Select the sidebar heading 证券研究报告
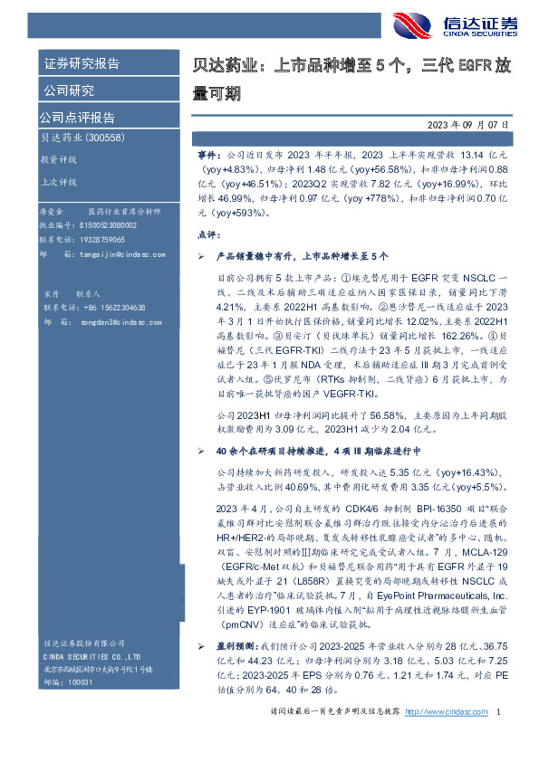pyautogui.click(x=82, y=64)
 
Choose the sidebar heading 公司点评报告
pyautogui.click(x=77, y=117)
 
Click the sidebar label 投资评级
pyautogui.click(x=58, y=158)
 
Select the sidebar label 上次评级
pyautogui.click(x=58, y=181)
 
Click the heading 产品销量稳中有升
pyautogui.click(x=256, y=257)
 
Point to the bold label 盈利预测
pyautogui.click(x=234, y=673)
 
